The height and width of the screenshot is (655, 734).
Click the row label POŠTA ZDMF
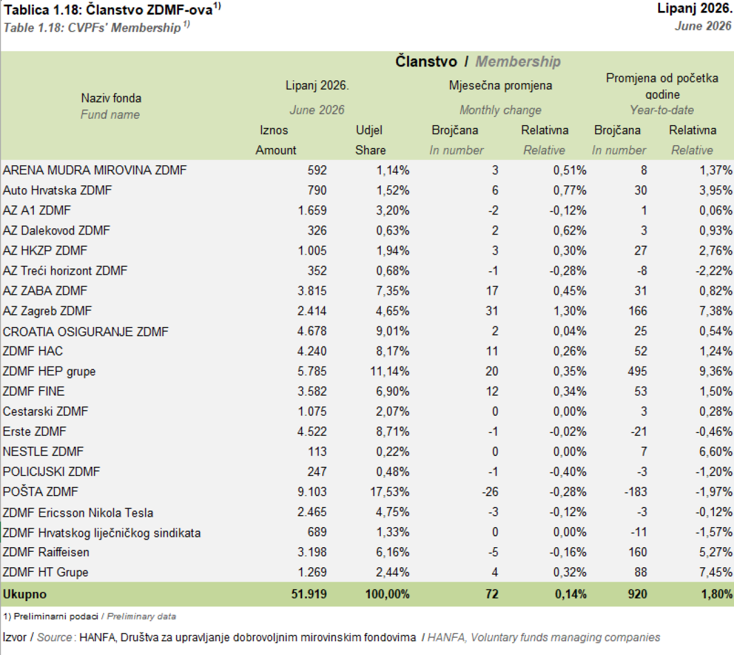[40, 492]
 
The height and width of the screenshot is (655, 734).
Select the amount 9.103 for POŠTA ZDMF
[312, 492]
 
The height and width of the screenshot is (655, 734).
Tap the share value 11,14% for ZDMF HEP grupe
[389, 371]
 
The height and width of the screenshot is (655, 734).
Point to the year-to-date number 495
[637, 371]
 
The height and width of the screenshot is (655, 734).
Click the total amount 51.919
[309, 594]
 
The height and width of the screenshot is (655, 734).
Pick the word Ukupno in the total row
[25, 594]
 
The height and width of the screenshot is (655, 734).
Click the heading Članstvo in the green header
[426, 61]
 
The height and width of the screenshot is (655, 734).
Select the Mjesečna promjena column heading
[500, 85]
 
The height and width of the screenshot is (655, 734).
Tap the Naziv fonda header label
[111, 98]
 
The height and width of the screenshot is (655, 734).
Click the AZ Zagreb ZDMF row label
[47, 311]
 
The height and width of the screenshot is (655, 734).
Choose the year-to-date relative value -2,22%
[714, 271]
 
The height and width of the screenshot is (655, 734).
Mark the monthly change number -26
[490, 492]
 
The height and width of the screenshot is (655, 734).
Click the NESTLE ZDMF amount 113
[317, 451]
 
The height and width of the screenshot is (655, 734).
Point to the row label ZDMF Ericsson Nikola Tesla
[78, 513]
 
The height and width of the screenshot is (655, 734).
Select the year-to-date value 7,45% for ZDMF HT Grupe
[716, 572]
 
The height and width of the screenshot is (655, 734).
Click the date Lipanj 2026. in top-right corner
[695, 9]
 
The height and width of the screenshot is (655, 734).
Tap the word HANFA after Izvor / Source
[98, 637]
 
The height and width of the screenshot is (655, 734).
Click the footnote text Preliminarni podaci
[56, 616]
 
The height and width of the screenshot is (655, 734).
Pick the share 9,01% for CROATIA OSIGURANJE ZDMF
[393, 331]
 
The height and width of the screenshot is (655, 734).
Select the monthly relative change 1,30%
[569, 311]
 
